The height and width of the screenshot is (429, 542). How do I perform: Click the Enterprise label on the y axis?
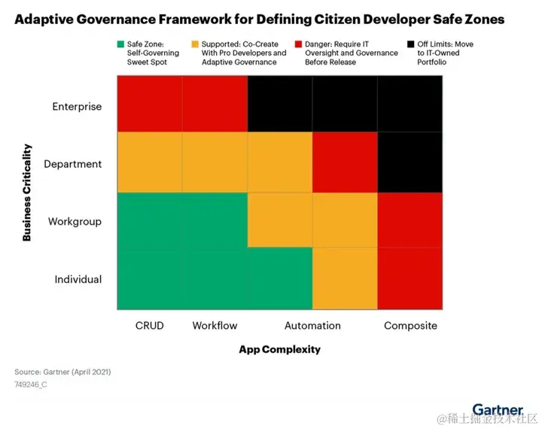tap(77, 106)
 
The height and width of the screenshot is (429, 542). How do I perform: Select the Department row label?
tap(73, 163)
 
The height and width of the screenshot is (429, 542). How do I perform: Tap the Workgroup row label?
tap(75, 221)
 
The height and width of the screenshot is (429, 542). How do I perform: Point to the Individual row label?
tap(78, 279)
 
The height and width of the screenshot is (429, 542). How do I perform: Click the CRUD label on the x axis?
tap(149, 326)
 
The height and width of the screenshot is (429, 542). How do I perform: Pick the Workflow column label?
tap(215, 326)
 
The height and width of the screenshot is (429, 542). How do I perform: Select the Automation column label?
tap(312, 326)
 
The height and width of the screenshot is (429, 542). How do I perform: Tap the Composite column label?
tap(410, 326)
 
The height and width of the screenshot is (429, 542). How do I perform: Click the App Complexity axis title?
tap(280, 349)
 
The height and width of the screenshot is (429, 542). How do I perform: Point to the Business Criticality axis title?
tap(27, 193)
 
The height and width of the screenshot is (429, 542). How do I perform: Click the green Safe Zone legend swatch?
tap(121, 44)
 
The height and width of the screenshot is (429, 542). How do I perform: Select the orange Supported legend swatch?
tap(196, 44)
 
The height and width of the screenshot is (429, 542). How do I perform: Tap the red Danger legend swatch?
tap(300, 44)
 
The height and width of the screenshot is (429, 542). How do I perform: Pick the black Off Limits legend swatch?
tap(411, 44)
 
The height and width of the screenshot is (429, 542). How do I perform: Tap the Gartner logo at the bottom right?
tap(498, 410)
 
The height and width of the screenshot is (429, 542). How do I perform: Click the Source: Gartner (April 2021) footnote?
tap(62, 372)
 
